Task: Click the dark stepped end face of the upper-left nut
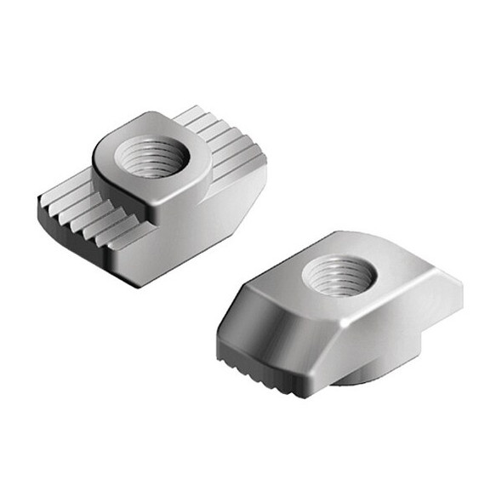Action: (77, 230)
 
